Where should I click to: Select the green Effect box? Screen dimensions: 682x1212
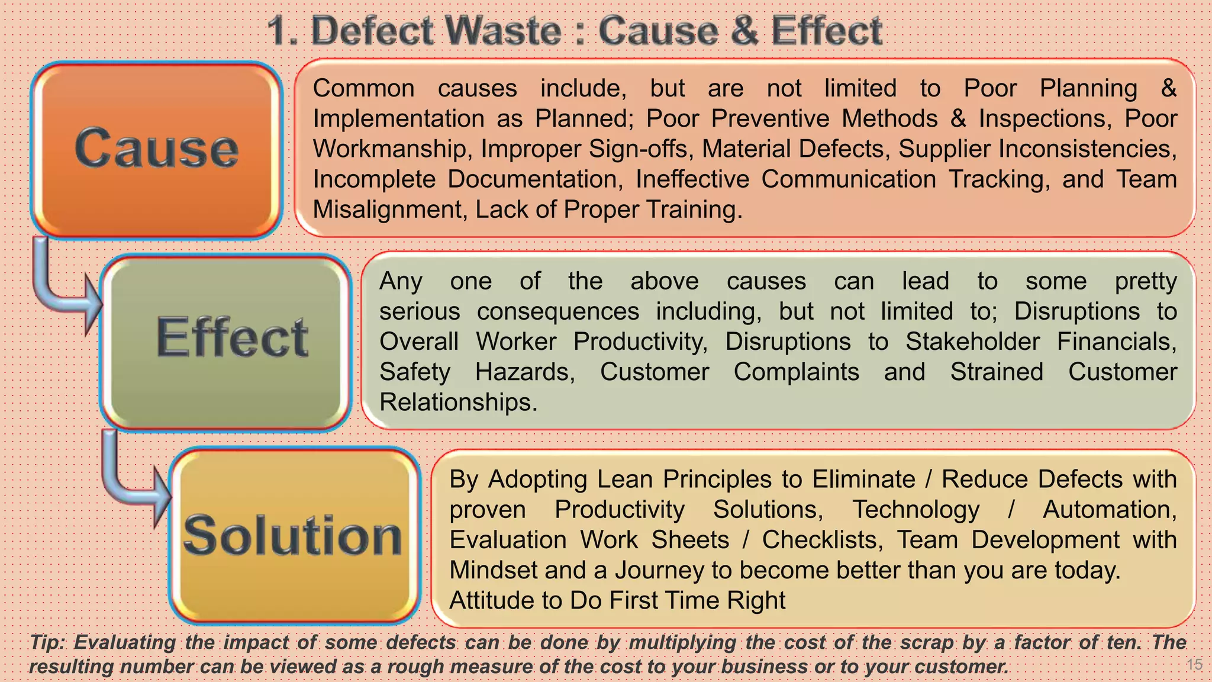click(226, 342)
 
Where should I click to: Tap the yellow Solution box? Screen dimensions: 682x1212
click(295, 536)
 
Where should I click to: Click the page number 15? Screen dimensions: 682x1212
click(1194, 664)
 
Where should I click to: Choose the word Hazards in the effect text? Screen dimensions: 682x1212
click(524, 372)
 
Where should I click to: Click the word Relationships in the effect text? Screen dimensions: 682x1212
click(457, 403)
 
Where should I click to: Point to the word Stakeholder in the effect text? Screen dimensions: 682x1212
click(972, 342)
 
